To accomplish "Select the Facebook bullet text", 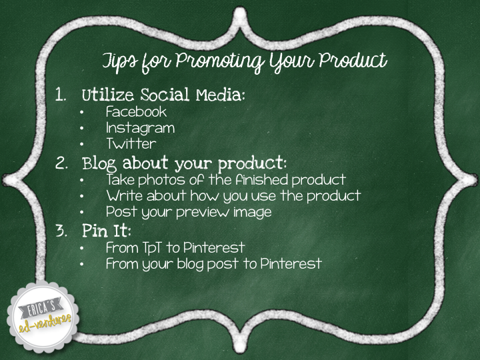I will (x=136, y=111).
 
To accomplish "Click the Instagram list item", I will (x=140, y=128).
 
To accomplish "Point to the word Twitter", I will (x=131, y=143).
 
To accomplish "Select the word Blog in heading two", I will (x=101, y=163).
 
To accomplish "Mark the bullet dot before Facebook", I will (x=81, y=112).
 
